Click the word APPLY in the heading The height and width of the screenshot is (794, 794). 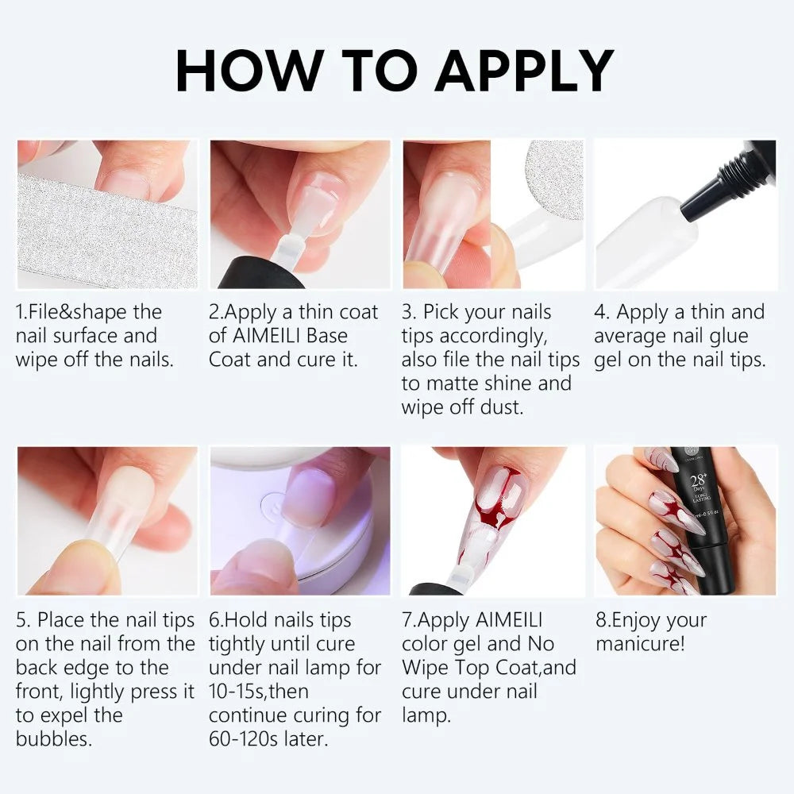(x=524, y=71)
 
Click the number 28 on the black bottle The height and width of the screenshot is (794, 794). (x=698, y=479)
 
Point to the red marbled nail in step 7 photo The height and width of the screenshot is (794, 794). (x=494, y=511)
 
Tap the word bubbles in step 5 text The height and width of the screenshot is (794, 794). (x=54, y=738)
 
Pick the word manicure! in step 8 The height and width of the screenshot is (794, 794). (x=641, y=644)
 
